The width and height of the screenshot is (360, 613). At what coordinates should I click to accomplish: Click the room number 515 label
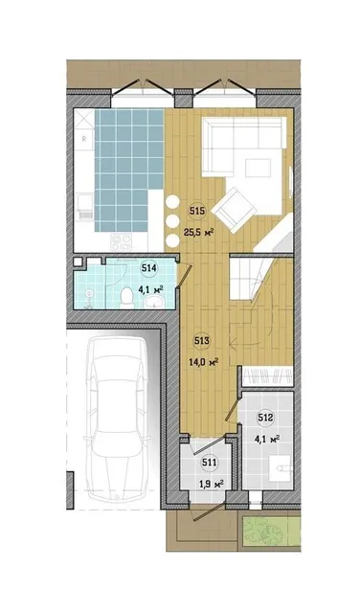click(x=197, y=212)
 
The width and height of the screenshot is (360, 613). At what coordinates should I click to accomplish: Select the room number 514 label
click(x=149, y=268)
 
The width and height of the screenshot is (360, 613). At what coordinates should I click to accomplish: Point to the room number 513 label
click(x=202, y=341)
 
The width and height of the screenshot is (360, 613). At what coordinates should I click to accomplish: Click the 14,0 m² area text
click(x=203, y=362)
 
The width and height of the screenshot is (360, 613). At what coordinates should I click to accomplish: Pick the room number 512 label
click(x=266, y=418)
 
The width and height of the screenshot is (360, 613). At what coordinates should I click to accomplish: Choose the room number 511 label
click(x=209, y=463)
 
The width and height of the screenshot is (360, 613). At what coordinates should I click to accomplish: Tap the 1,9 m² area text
click(x=211, y=485)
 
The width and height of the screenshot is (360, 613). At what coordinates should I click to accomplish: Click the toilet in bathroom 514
click(x=126, y=298)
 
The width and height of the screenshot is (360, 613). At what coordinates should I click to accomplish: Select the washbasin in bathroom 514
click(x=155, y=303)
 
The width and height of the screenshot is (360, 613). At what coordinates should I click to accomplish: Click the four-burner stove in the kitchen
click(x=122, y=242)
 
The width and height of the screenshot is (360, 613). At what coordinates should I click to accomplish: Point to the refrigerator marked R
click(x=84, y=138)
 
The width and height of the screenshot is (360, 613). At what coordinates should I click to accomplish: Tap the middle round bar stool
click(x=172, y=221)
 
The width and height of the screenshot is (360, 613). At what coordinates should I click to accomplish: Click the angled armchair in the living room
click(x=234, y=210)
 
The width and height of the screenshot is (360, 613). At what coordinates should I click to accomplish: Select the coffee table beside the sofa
click(x=258, y=169)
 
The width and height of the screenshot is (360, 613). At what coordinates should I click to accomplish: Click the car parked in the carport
click(x=116, y=418)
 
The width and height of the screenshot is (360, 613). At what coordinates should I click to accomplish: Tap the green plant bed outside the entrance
click(x=271, y=532)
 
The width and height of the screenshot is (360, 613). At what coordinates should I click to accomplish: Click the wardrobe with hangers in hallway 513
click(x=268, y=376)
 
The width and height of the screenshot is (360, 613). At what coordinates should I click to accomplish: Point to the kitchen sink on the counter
click(x=84, y=206)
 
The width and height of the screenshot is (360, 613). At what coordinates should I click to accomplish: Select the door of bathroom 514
click(x=184, y=277)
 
